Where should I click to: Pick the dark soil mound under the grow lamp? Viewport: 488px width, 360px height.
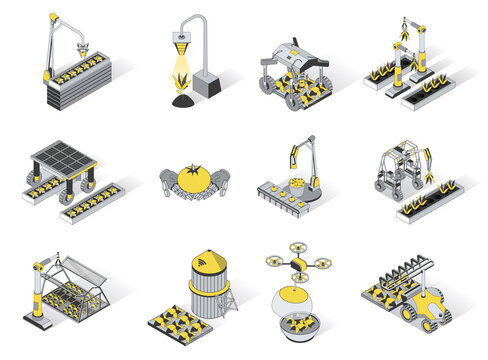tap(180, 97)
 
